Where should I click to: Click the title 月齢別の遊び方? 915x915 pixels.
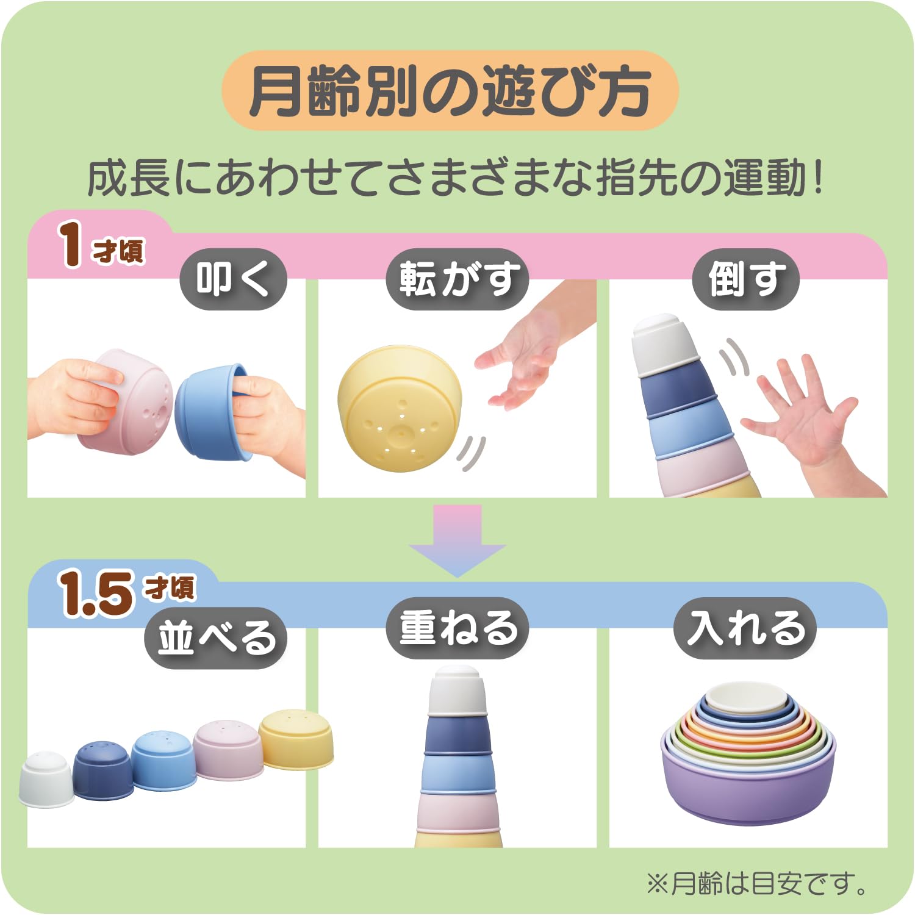pyautogui.click(x=450, y=91)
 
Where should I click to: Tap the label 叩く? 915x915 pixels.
pyautogui.click(x=233, y=279)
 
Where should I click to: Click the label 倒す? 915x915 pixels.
pyautogui.click(x=745, y=279)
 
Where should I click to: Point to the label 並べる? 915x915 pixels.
pyautogui.click(x=216, y=638)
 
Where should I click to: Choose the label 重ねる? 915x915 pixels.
pyautogui.click(x=457, y=628)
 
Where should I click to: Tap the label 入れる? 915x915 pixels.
pyautogui.click(x=745, y=628)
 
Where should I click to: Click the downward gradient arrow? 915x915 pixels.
pyautogui.click(x=457, y=540)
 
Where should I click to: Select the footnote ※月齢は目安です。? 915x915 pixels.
pyautogui.click(x=756, y=883)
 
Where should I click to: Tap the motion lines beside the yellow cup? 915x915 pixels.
pyautogui.click(x=471, y=453)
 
